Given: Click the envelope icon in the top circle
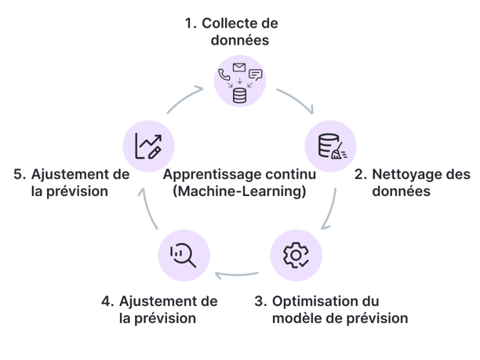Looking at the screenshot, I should (x=239, y=67).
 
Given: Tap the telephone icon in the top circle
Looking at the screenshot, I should (x=225, y=76).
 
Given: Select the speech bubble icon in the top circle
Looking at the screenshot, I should (x=255, y=75).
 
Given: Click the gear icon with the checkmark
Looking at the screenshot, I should (x=295, y=255).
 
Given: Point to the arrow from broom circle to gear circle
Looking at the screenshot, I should (x=330, y=210).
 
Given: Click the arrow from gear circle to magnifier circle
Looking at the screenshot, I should (x=237, y=275).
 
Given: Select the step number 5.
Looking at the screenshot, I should (x=19, y=174).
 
